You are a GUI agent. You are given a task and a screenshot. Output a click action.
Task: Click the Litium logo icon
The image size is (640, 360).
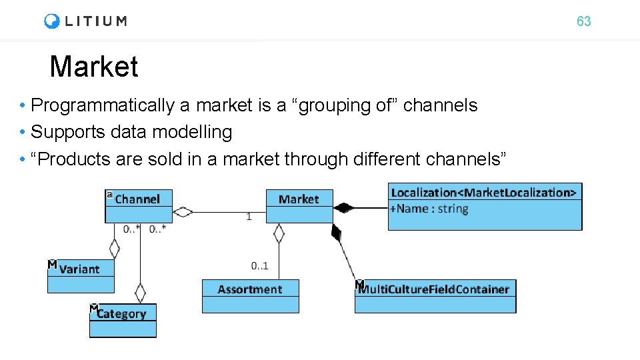click(x=52, y=21)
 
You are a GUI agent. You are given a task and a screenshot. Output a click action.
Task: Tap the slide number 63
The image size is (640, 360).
click(x=583, y=21)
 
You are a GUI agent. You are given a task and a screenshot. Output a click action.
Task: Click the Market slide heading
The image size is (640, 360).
click(x=94, y=67)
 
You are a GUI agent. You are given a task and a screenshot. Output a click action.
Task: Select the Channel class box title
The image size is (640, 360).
click(x=137, y=199)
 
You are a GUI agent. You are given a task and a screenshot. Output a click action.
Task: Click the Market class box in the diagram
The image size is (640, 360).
click(x=299, y=199)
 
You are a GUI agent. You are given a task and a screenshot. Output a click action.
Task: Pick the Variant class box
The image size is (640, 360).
click(x=80, y=269)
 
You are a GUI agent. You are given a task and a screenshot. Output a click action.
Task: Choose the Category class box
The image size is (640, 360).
click(x=122, y=314)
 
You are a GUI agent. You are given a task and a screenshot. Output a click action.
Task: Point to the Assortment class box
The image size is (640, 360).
click(x=250, y=289)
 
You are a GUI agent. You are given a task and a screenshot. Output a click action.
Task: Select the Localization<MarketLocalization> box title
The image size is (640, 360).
click(x=484, y=193)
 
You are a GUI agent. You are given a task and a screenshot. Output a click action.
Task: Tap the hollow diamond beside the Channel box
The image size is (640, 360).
click(x=182, y=213)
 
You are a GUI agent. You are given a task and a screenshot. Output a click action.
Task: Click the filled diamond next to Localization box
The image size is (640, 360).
click(x=343, y=208)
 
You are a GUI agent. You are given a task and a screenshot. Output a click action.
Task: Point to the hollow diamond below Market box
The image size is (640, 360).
click(x=279, y=233)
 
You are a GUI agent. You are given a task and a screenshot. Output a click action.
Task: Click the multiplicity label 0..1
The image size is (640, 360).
click(x=260, y=266)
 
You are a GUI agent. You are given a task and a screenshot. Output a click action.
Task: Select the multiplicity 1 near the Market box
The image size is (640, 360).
click(x=249, y=217)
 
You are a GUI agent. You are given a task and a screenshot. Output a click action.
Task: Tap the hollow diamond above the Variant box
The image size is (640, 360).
click(x=114, y=249)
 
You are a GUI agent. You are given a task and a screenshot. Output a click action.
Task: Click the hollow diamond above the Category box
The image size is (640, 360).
click(x=140, y=293)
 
